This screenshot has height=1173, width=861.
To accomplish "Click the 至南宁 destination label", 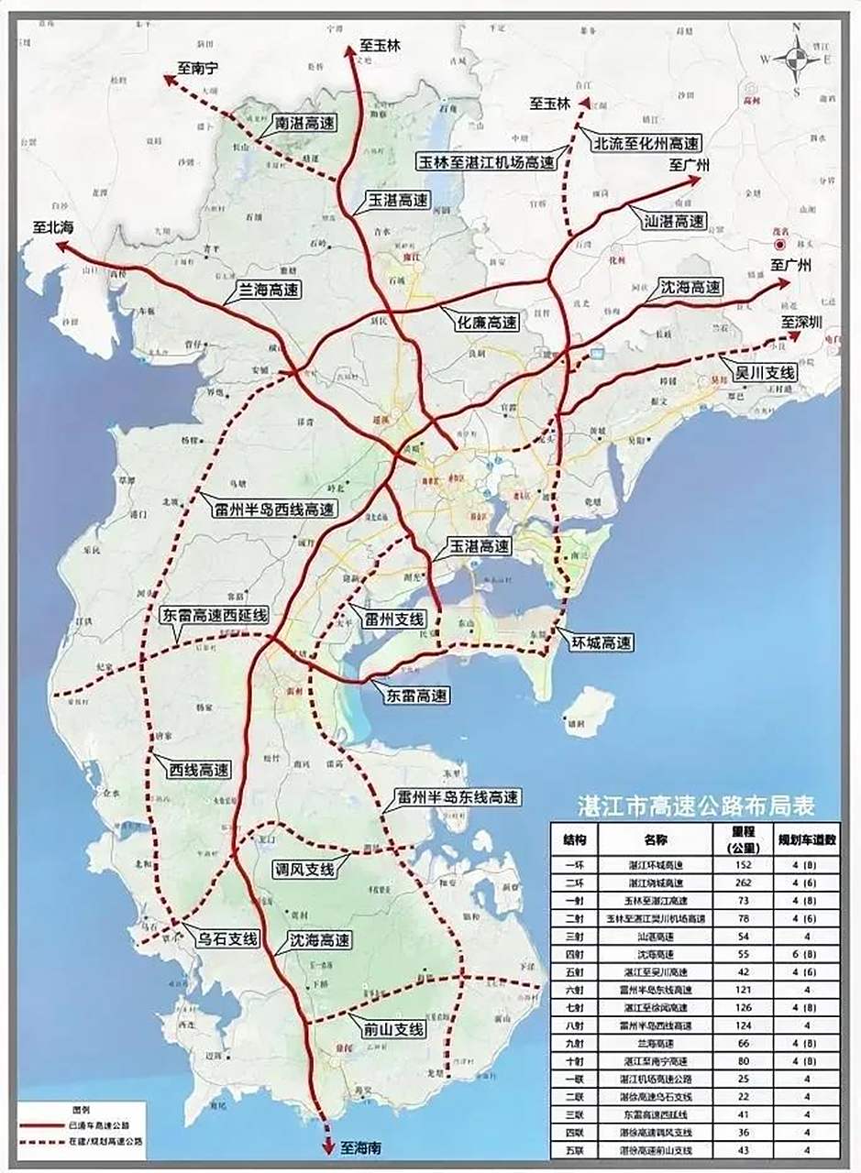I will coord(199,68).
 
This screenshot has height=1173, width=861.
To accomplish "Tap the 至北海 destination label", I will coord(54,229).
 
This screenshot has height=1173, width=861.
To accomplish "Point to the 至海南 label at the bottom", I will coord(361,1146).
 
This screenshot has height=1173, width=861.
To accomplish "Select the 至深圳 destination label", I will coord(801,323).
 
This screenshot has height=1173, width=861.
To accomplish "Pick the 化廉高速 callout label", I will coord(487,323).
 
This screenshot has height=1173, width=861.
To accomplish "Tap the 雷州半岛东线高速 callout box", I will coord(458,797).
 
